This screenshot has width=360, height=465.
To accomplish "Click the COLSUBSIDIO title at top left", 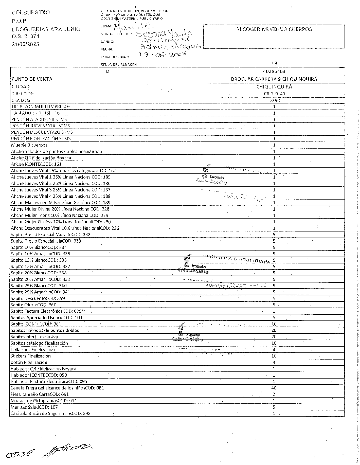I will (31, 12).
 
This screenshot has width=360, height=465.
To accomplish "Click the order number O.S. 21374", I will (26, 36).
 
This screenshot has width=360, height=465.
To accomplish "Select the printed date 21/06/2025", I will (26, 44).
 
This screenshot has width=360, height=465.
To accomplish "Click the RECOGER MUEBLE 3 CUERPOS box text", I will (274, 29).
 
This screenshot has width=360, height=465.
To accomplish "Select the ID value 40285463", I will (274, 71).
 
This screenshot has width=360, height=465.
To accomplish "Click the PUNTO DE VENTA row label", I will (32, 79).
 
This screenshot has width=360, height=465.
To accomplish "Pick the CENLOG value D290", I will (274, 100).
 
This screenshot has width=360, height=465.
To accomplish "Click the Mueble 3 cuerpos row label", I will (29, 145).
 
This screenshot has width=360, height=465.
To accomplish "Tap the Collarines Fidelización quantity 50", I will (274, 350).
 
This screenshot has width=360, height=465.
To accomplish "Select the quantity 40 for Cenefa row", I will (274, 388).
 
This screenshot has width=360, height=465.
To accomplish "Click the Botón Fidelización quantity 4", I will (274, 363).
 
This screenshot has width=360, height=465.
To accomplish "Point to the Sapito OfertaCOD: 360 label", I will (33, 305).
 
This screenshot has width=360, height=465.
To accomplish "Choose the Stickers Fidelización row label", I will (31, 356).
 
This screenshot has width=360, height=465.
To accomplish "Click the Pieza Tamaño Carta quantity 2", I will (274, 394).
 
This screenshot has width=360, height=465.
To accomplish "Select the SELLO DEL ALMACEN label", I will (119, 65).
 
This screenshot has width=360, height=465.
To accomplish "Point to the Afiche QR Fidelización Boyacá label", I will (41, 158).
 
